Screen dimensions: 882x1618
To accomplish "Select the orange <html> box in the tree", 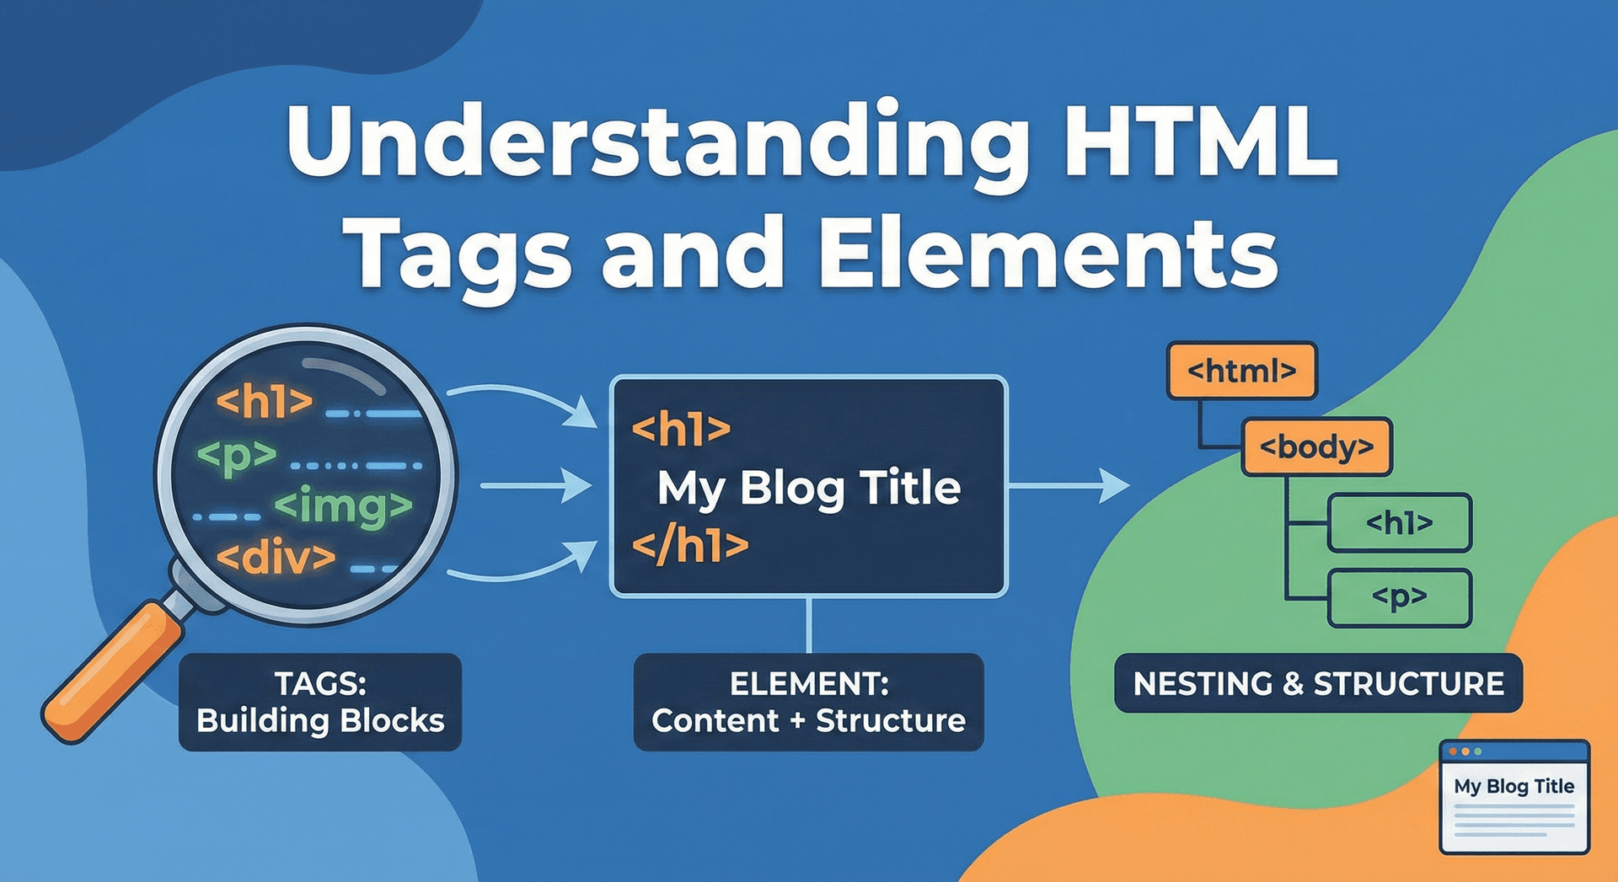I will tap(1241, 371).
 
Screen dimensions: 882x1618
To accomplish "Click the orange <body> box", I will tap(1316, 446).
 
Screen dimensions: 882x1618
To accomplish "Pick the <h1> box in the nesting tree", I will tap(1399, 523).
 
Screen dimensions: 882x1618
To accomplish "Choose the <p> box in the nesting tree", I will tap(1399, 598).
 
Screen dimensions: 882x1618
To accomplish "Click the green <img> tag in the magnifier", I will tap(344, 505).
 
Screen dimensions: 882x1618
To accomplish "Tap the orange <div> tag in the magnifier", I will tap(276, 557).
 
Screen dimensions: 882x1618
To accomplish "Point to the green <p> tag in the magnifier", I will tap(237, 456).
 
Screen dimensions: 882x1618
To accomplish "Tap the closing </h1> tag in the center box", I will tap(690, 546).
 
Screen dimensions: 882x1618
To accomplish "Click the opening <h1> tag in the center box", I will tap(681, 430).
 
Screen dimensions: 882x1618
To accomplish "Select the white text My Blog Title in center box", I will tap(809, 488).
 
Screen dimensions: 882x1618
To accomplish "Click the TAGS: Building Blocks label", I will tap(320, 702).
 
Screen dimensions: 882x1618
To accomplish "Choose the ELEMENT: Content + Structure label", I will tap(809, 702).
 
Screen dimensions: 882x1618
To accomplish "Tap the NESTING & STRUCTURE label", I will tap(1318, 683).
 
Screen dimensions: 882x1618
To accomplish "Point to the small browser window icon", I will tap(1514, 796).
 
